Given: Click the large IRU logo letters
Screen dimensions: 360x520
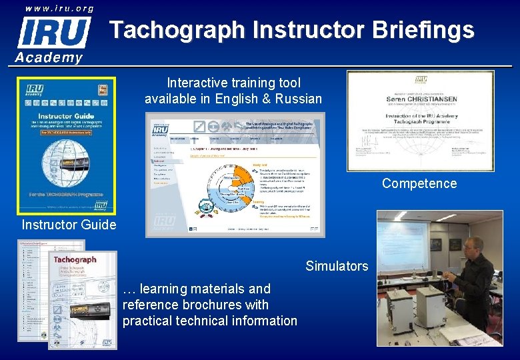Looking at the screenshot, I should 54,32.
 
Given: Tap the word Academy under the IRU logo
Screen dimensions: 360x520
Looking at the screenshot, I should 49,57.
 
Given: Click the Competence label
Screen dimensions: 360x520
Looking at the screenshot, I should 419,183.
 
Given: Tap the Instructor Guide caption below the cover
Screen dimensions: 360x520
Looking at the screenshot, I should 69,225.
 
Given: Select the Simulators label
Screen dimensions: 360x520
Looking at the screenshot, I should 337,266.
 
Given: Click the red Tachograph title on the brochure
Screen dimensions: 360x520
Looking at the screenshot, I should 75,259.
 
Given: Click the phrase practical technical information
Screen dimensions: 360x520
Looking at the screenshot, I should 209,321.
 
